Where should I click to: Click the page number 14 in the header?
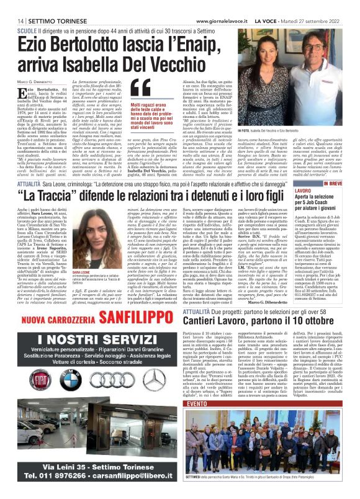12,20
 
